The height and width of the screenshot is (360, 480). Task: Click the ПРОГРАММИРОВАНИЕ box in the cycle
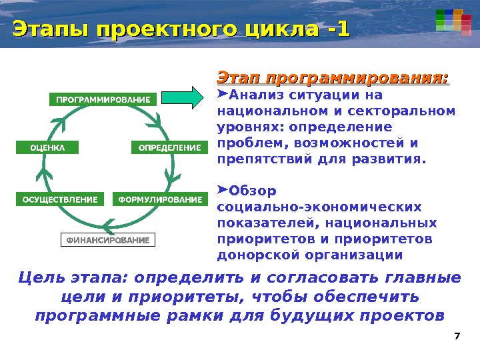pyautogui.click(x=103, y=100)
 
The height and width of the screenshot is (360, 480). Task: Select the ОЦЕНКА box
pyautogui.click(x=47, y=147)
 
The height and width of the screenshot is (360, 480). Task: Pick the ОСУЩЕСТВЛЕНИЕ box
pyautogui.click(x=60, y=199)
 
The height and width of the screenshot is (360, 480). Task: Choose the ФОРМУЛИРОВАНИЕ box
pyautogui.click(x=159, y=199)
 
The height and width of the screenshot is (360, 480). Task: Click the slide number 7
pyautogui.click(x=457, y=335)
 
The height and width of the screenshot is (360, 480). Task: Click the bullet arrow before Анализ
pyautogui.click(x=223, y=94)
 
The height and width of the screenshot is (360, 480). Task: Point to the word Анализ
pyautogui.click(x=255, y=95)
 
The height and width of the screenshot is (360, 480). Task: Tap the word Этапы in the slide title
pyautogui.click(x=51, y=29)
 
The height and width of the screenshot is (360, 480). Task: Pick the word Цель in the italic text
pyautogui.click(x=40, y=277)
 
